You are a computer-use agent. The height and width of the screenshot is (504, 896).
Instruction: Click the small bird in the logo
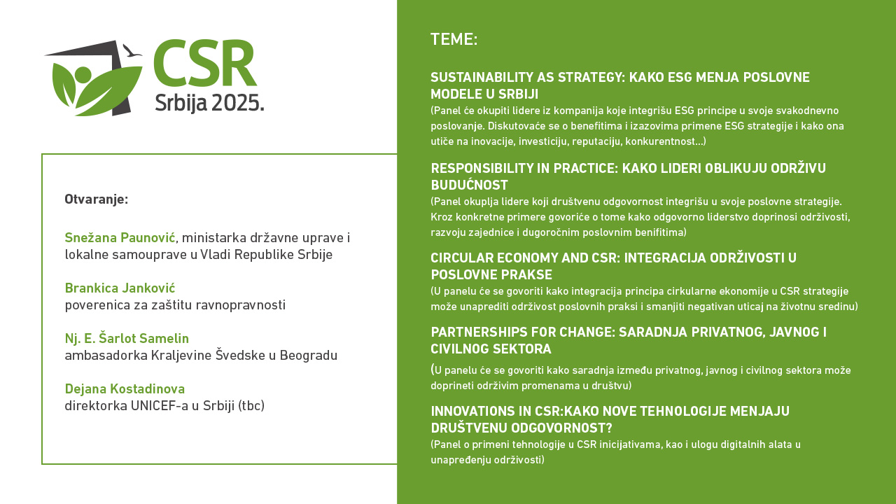click(x=132, y=51)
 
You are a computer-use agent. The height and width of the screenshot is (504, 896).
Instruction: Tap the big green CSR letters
click(x=205, y=62)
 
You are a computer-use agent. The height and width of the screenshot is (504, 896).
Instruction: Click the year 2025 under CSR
click(x=237, y=103)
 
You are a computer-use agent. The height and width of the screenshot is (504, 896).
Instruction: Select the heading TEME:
click(x=454, y=40)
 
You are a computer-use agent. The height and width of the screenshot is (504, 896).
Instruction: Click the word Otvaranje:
click(x=97, y=199)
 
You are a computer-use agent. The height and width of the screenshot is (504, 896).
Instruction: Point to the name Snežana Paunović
click(x=120, y=237)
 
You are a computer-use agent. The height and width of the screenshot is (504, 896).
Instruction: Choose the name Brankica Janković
click(x=120, y=288)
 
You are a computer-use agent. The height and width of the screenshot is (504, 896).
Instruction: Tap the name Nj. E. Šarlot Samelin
click(x=127, y=338)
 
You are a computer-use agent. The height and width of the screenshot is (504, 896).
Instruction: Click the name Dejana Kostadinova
click(x=125, y=388)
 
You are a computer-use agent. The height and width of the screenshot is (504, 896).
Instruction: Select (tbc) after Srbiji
click(x=251, y=405)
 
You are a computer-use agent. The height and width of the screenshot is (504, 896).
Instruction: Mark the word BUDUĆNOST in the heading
click(x=469, y=185)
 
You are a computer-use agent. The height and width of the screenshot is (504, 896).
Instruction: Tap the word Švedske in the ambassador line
click(x=241, y=355)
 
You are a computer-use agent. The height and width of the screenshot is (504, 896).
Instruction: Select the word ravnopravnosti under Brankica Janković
click(x=227, y=305)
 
